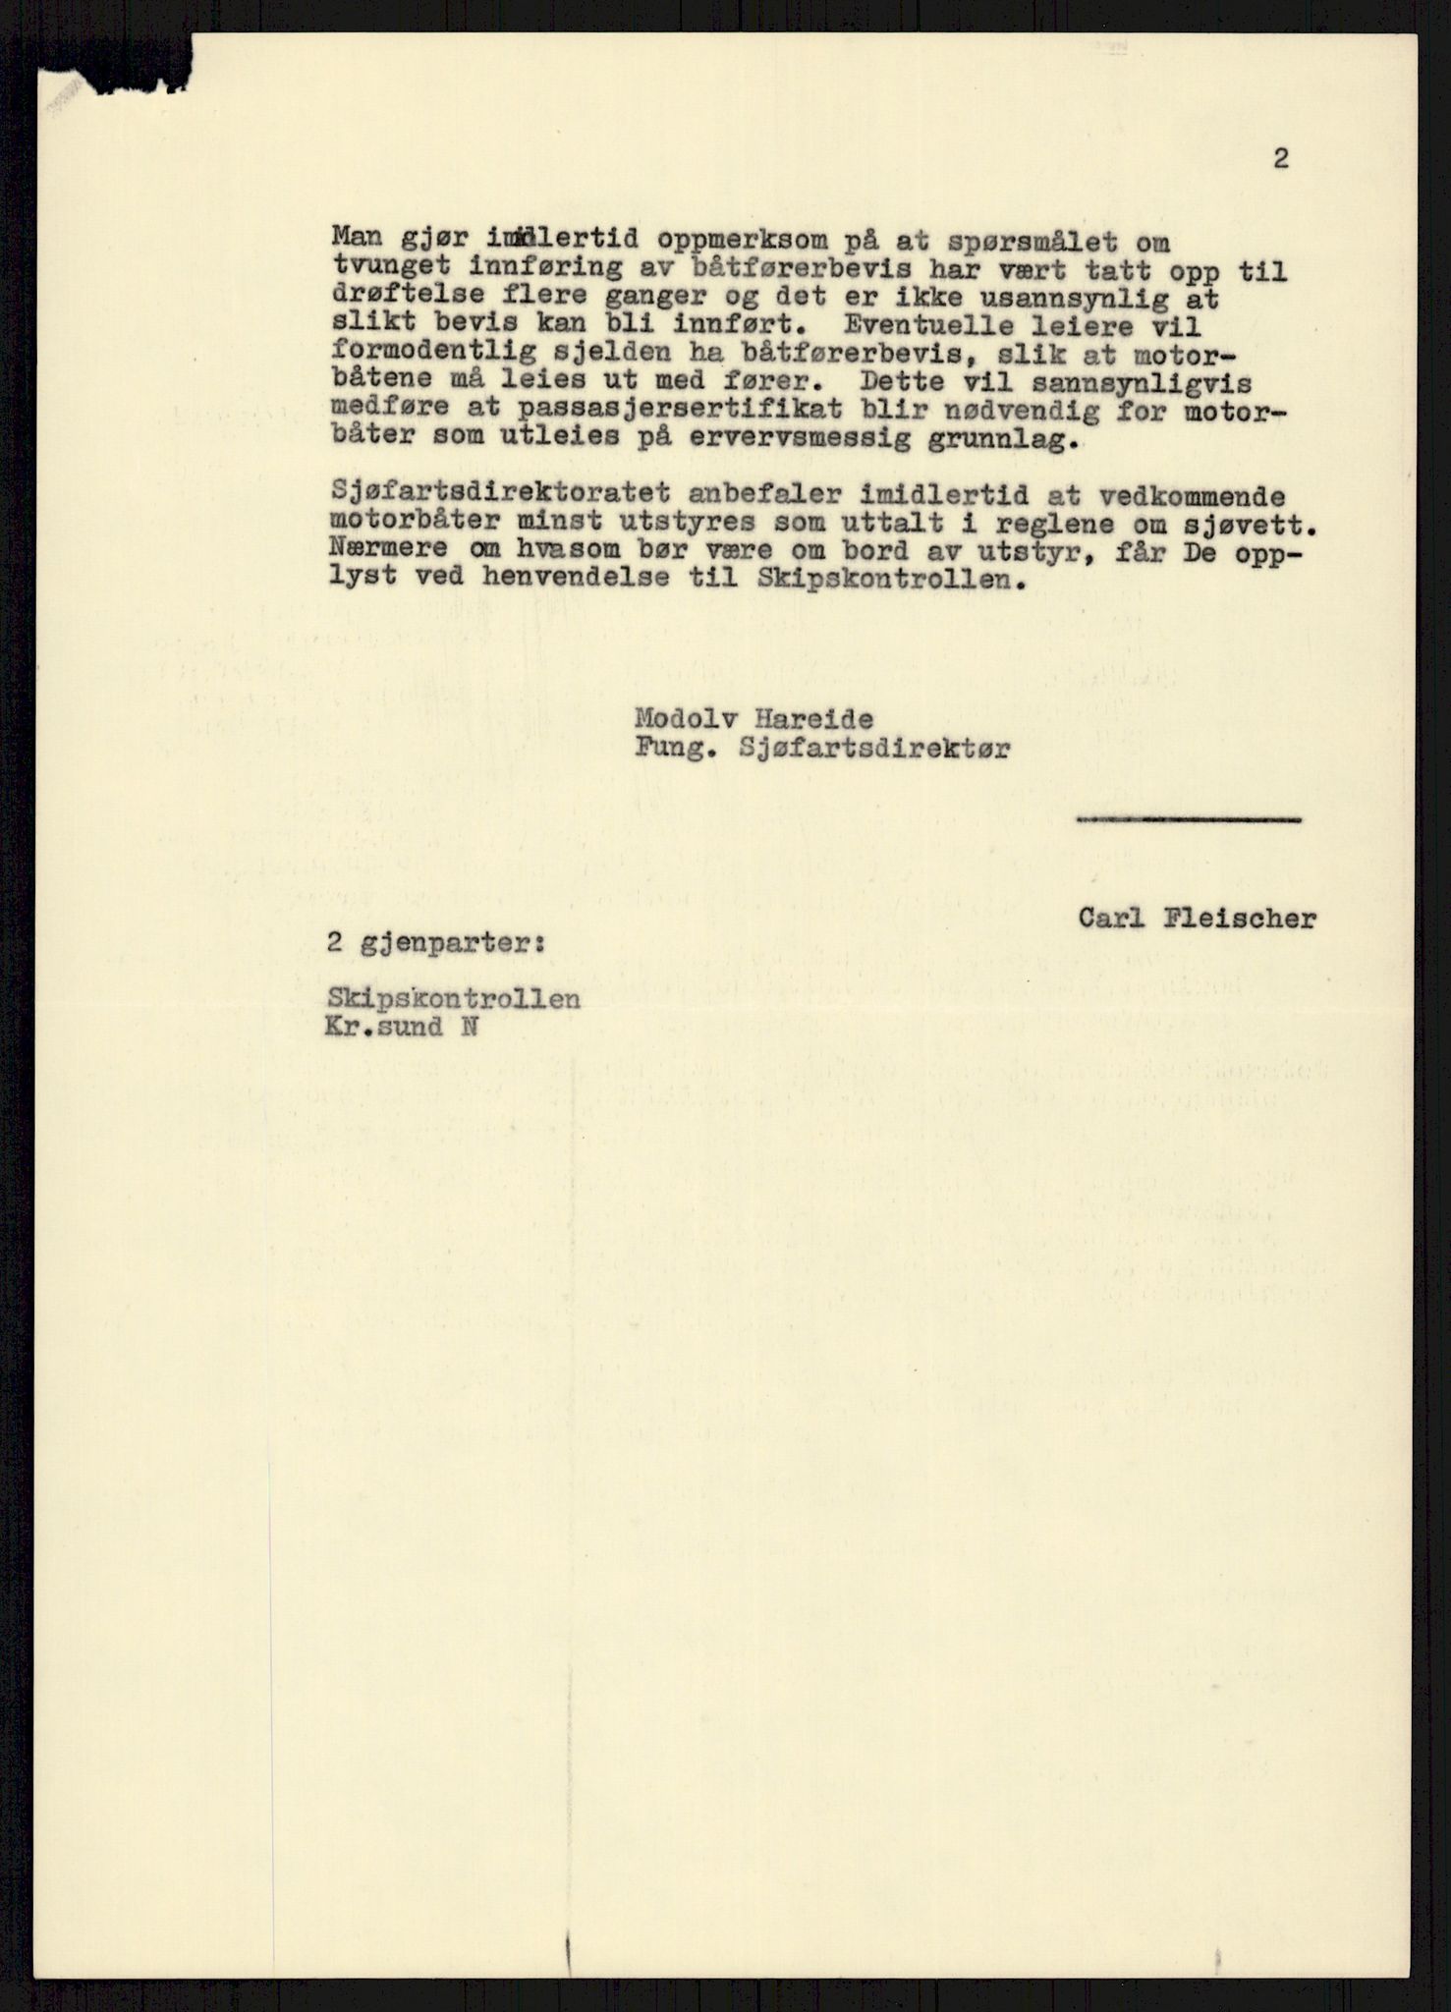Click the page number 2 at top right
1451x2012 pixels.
tap(1280, 158)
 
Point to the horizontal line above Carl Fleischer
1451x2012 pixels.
tap(1189, 818)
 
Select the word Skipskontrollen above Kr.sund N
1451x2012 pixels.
tap(453, 1000)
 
